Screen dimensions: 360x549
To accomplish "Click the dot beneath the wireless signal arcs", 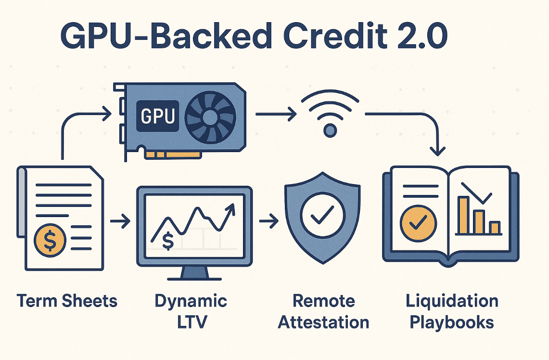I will point(330,129).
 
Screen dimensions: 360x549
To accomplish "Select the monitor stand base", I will point(194,276).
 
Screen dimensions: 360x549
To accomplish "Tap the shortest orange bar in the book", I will point(494,227).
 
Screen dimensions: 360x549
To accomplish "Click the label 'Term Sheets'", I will point(67,301).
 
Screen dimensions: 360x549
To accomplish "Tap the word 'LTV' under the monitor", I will point(191,321).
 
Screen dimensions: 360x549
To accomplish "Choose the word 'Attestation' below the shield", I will point(324,322).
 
